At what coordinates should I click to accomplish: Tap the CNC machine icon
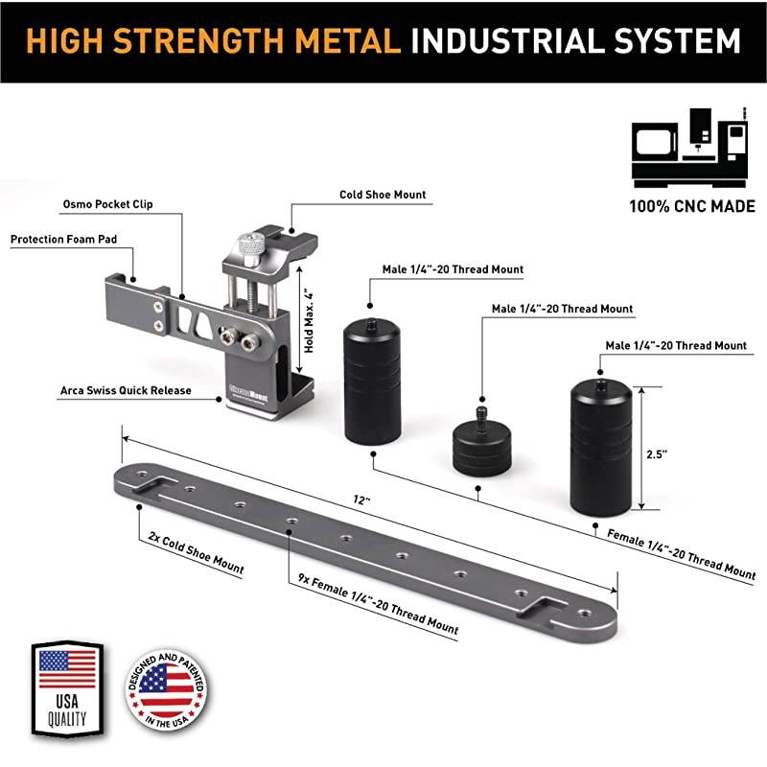click(x=689, y=148)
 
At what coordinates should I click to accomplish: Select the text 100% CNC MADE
click(x=692, y=206)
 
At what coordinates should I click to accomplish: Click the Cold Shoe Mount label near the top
click(x=383, y=195)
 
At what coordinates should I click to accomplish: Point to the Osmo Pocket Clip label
click(x=107, y=204)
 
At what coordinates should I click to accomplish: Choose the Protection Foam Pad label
click(x=63, y=239)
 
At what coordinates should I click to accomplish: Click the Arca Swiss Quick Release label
click(x=126, y=390)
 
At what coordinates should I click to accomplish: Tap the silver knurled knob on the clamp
click(x=251, y=249)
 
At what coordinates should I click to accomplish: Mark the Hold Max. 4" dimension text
click(x=309, y=320)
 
